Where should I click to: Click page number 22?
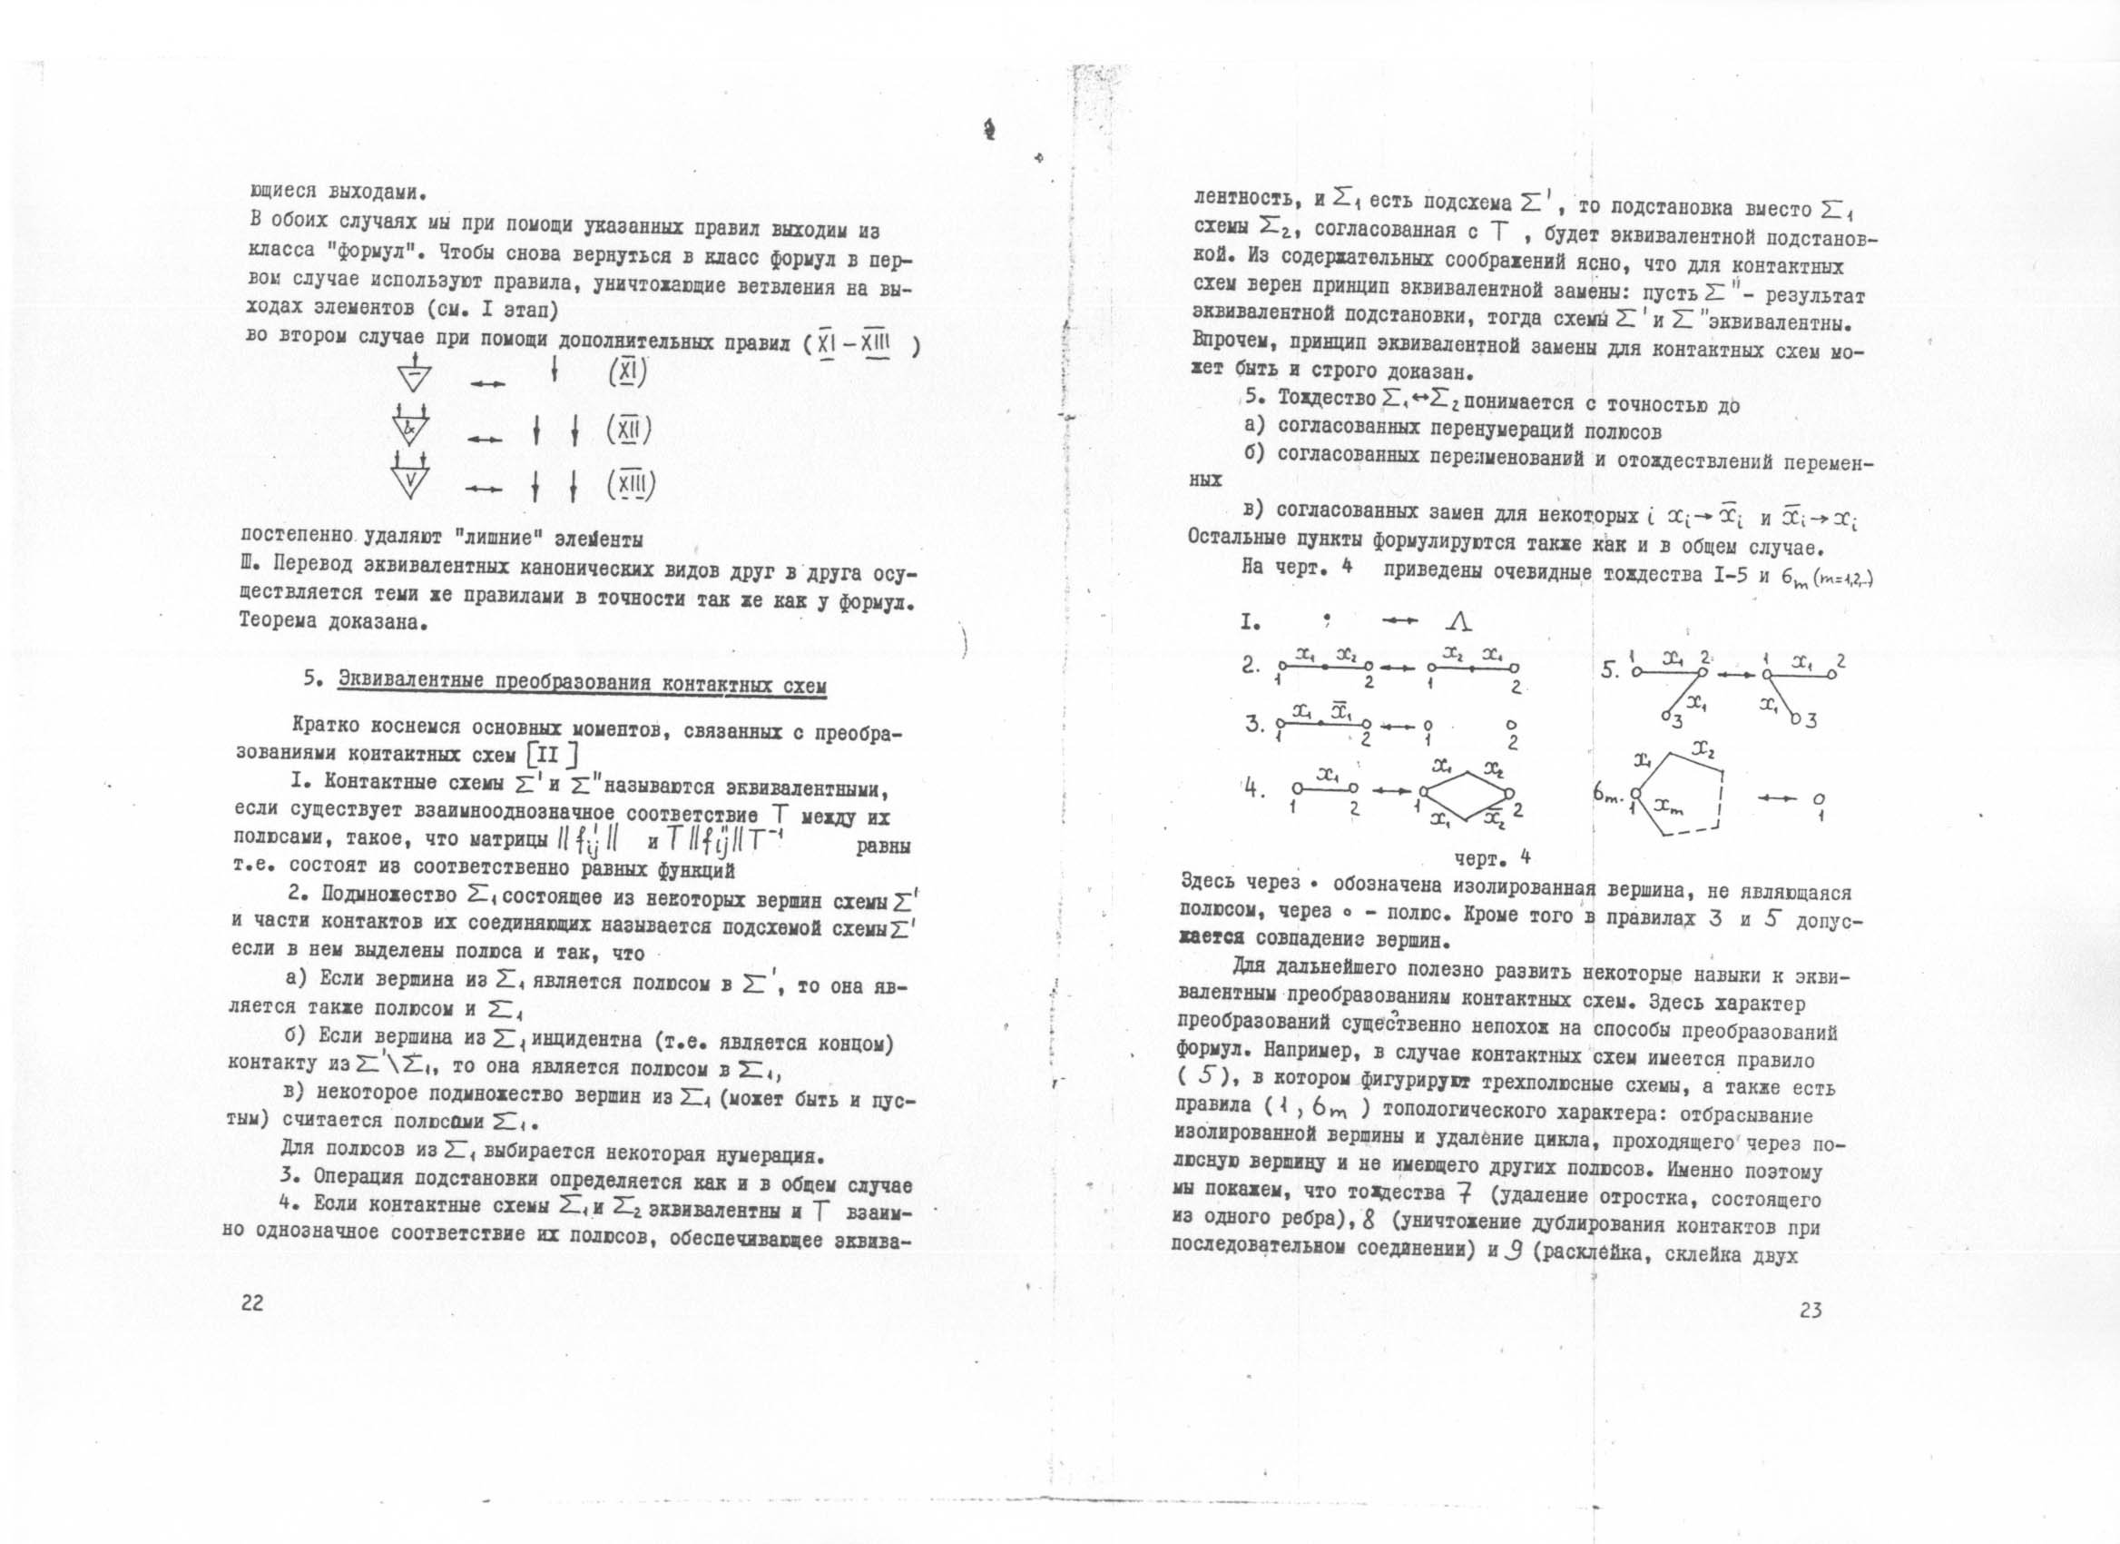pos(252,1303)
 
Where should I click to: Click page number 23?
pos(1810,1311)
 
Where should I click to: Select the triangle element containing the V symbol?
pos(410,478)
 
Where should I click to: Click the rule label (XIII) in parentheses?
pos(631,484)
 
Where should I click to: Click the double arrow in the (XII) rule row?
pos(485,440)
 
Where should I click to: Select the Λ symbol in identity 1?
pos(1459,623)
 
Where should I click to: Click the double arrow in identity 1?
pos(1399,622)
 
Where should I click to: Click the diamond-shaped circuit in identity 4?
pos(1464,794)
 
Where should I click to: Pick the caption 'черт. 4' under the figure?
pos(1492,857)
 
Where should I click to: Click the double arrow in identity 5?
pos(1734,673)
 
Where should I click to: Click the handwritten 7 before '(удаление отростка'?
pos(1465,1193)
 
